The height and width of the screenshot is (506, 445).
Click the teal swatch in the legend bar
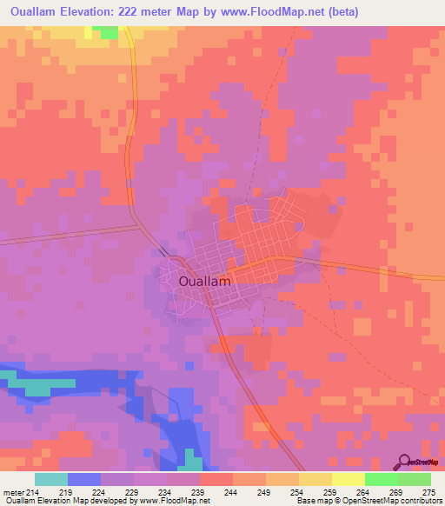tap(51, 479)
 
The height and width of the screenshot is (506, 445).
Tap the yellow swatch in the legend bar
tap(315, 479)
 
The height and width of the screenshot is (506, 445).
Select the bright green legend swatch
tap(381, 479)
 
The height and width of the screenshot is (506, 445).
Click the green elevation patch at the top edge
tap(107, 32)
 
